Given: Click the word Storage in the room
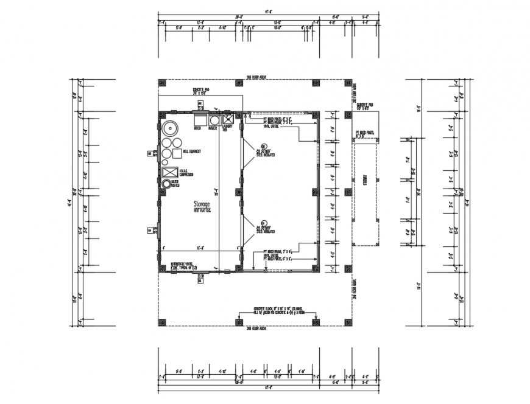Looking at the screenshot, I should [202, 204].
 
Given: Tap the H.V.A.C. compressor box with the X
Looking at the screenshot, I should [169, 172].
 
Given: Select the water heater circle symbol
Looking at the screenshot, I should [167, 183].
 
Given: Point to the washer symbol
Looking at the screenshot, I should [213, 120].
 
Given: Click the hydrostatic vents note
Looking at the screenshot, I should [181, 265].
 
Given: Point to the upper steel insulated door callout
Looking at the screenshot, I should [265, 151].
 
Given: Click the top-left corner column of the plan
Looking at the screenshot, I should [162, 83].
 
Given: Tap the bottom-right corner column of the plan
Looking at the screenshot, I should [347, 322].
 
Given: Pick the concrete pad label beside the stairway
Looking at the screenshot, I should [365, 106].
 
